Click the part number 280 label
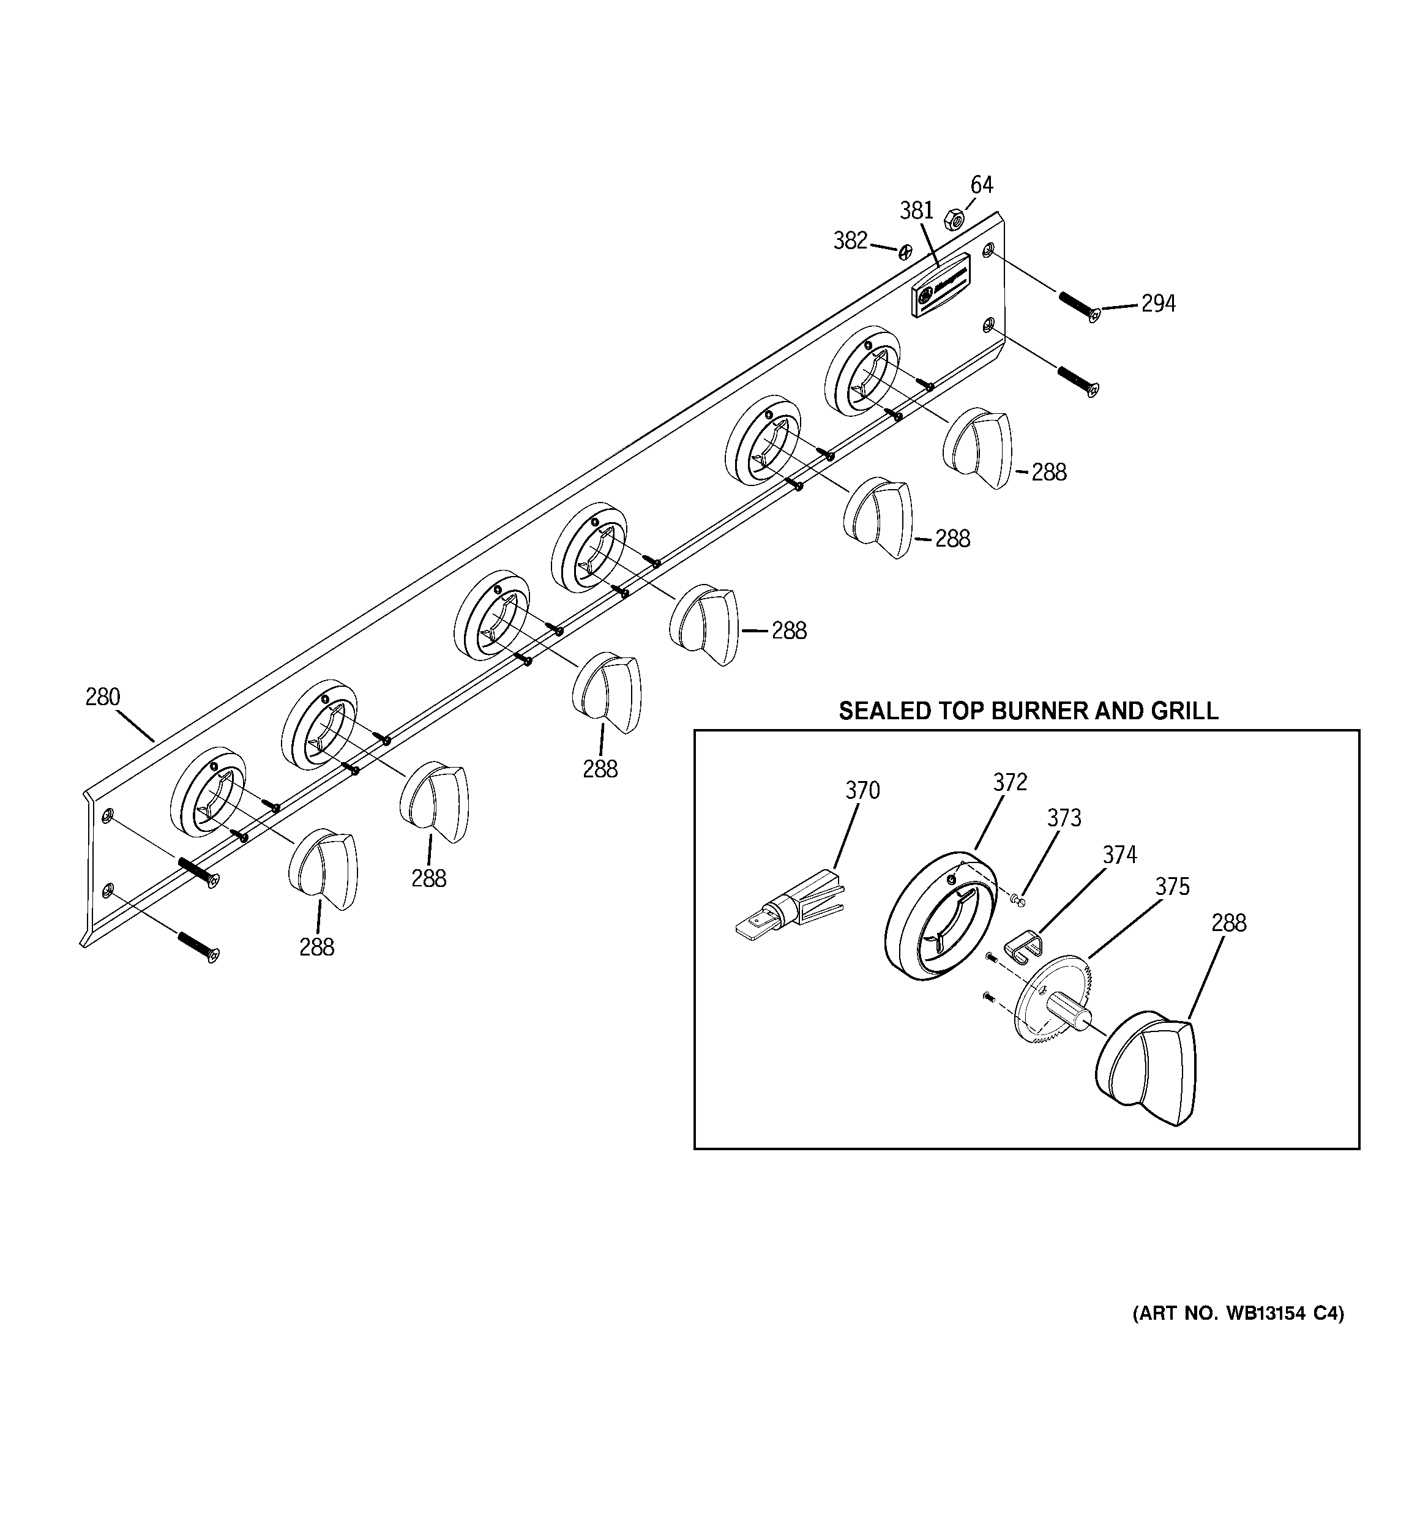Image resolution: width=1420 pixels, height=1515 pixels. [102, 697]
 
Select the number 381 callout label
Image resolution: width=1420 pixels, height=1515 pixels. [916, 211]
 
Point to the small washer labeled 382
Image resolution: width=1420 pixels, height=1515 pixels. [905, 252]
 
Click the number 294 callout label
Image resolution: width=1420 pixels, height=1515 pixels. [1158, 304]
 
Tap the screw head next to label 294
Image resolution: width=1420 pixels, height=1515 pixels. [1094, 315]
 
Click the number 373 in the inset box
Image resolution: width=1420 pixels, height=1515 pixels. [1063, 818]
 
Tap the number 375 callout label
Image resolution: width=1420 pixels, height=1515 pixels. [1171, 887]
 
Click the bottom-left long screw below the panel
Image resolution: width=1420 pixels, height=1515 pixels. [198, 947]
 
